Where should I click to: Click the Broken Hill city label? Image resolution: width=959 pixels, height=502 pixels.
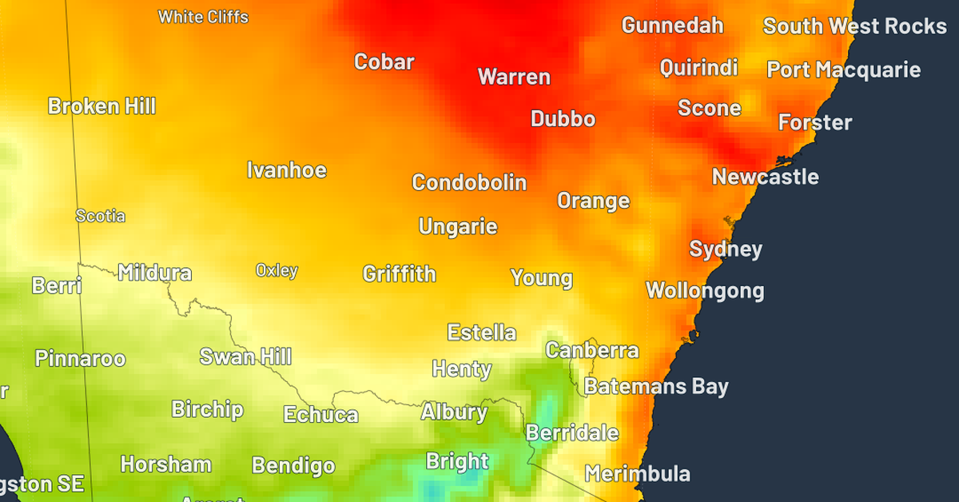point(101,106)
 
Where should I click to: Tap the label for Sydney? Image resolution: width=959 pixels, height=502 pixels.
point(726,249)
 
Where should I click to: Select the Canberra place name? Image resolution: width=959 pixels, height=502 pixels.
point(591,350)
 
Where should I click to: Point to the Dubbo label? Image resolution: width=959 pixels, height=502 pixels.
point(563,119)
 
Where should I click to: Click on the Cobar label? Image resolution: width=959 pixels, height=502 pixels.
point(384,62)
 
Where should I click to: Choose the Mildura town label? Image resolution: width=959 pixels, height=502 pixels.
point(154,273)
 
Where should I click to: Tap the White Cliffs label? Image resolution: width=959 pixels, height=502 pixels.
point(203,17)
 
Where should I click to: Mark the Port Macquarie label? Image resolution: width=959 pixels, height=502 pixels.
point(843,70)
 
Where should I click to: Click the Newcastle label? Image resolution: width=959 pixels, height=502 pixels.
point(765,177)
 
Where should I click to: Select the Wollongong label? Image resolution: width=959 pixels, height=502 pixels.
point(704,290)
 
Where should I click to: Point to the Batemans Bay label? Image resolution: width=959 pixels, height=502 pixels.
point(655,387)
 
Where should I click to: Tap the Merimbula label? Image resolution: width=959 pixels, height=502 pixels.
point(637,473)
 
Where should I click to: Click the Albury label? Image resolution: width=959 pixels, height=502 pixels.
point(453,412)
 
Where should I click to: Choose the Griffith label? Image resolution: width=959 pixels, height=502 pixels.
point(399,274)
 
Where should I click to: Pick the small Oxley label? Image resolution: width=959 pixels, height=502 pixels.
point(277,270)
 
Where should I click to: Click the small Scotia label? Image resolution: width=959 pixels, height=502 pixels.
point(100,216)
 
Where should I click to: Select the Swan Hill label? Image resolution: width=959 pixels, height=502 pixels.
point(245,357)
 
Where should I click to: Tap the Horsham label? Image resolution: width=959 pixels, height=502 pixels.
point(165,464)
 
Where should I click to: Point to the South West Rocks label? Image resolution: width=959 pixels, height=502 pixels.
point(854,26)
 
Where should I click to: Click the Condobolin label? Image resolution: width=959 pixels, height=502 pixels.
point(469,182)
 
